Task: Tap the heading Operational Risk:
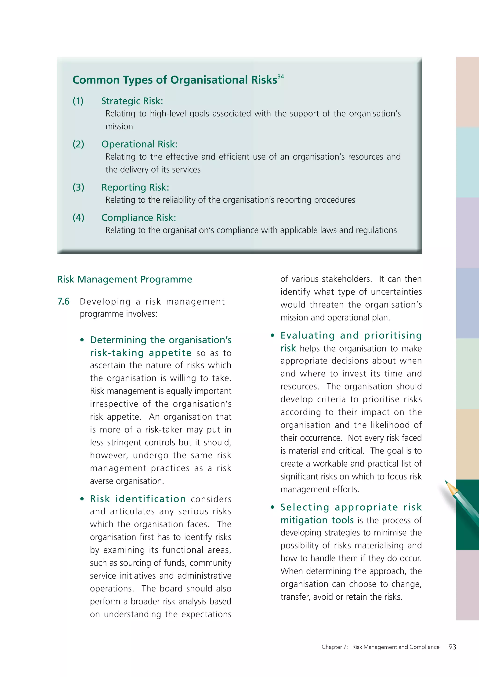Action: click(139, 144)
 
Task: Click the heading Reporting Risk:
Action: click(135, 187)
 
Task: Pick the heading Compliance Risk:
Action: click(139, 218)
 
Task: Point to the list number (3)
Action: click(78, 187)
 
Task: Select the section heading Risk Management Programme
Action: click(124, 279)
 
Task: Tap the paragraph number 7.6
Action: click(63, 301)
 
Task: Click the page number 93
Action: click(452, 647)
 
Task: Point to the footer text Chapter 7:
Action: click(334, 647)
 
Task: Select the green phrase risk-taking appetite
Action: click(141, 353)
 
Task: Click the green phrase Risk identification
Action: click(138, 499)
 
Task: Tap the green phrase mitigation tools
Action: click(317, 520)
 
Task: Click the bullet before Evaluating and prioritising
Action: click(272, 335)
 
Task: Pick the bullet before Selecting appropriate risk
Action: click(272, 507)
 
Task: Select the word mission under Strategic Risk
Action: click(119, 126)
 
